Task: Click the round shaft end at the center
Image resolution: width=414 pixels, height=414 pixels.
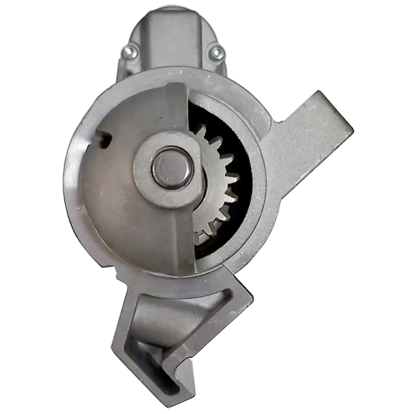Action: [172, 168]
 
